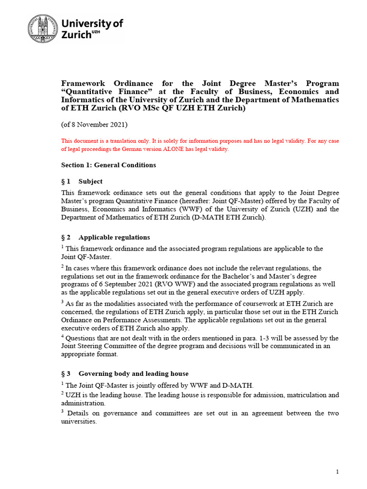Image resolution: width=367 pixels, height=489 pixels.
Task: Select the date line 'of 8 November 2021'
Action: [x=94, y=125]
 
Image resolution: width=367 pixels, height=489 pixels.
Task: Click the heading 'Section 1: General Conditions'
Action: [x=108, y=165]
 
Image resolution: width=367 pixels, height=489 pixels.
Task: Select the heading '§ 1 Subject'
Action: [x=82, y=181]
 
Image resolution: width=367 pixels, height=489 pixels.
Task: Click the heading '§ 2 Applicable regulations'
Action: [x=105, y=237]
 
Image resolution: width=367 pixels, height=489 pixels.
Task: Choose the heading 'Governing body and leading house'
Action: [x=133, y=373]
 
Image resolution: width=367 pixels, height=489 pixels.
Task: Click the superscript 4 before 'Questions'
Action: [x=62, y=336]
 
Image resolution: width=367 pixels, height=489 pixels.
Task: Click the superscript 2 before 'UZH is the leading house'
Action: [x=62, y=393]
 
